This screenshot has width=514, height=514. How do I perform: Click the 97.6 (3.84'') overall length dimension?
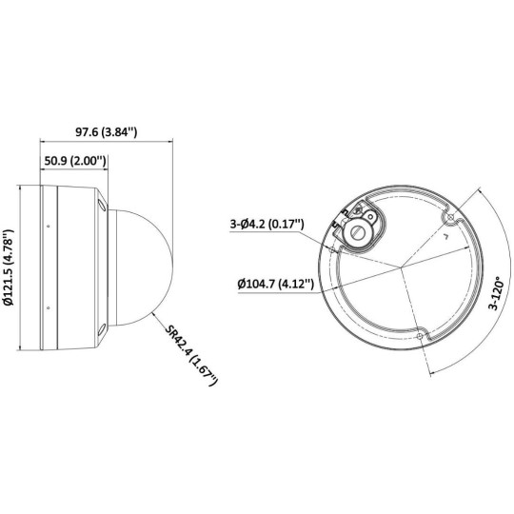point(105,131)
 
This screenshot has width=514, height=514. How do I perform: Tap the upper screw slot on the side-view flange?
point(100,203)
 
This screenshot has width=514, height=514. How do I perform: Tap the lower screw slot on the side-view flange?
point(100,329)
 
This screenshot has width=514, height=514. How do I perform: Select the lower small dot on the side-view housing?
point(48,307)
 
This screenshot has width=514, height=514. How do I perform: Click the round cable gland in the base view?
point(360,229)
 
